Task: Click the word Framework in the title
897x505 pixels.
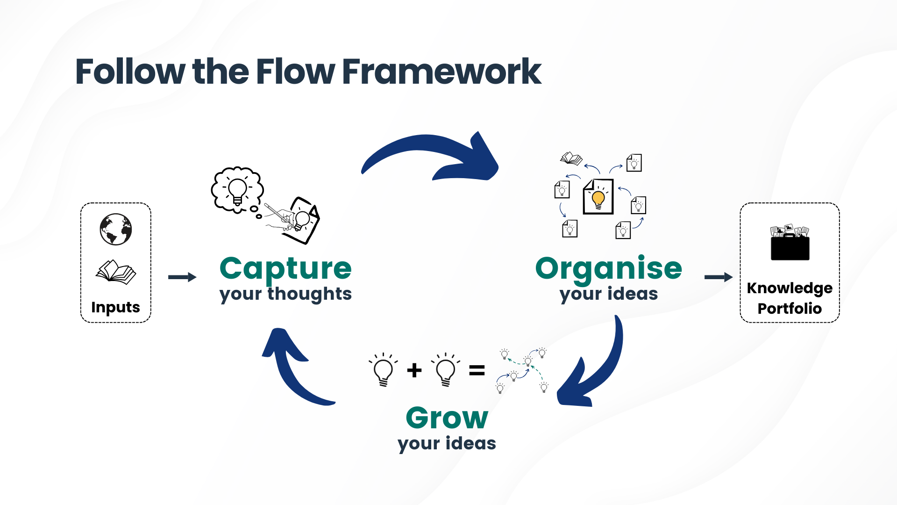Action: point(441,72)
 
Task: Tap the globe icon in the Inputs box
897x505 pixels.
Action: point(116,229)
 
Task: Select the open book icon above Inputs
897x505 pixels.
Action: point(116,272)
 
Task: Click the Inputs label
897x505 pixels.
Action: point(115,307)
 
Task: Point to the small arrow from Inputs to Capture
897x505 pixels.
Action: point(182,277)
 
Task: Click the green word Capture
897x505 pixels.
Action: point(285,269)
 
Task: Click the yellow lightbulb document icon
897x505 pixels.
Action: point(598,196)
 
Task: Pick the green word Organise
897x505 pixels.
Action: point(609,269)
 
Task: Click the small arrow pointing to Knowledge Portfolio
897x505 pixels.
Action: point(719,277)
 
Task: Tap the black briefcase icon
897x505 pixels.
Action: point(790,242)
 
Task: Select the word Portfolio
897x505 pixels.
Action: point(790,309)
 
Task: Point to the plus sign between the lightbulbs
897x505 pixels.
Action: point(414,370)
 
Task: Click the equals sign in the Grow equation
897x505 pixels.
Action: point(477,371)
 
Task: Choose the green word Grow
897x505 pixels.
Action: point(447,418)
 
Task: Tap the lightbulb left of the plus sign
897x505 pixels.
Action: point(383,369)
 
